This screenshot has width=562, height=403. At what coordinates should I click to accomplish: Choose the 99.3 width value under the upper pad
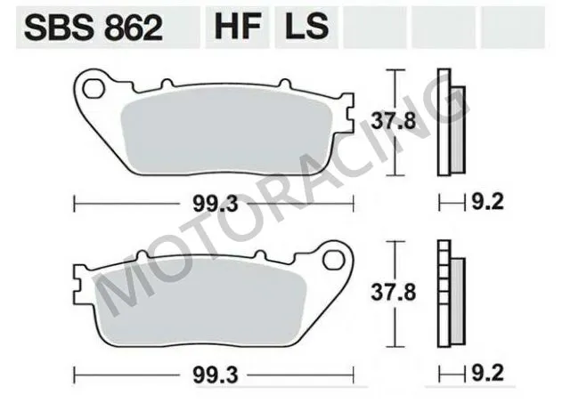[x=214, y=204]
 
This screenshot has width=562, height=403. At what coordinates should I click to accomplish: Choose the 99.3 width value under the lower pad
[x=214, y=375]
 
